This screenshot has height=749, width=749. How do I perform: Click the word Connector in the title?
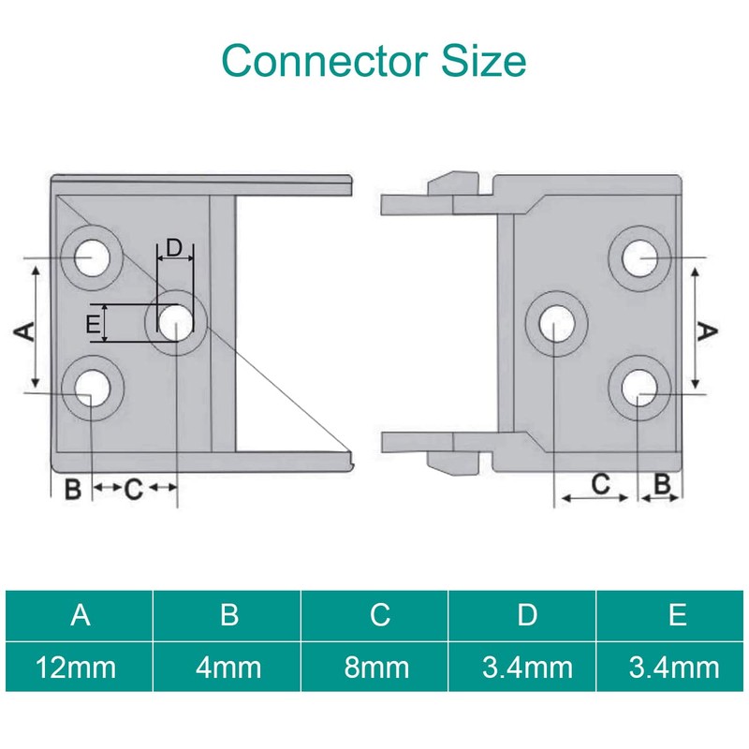(x=324, y=61)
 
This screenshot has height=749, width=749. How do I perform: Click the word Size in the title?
(x=483, y=61)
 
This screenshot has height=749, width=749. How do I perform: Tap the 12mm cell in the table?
(x=77, y=667)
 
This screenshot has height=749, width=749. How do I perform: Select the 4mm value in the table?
(x=228, y=667)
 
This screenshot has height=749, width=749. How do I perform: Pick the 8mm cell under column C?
(x=376, y=667)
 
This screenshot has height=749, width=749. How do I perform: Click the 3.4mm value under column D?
(x=527, y=667)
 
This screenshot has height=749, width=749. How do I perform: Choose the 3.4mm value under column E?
(x=674, y=667)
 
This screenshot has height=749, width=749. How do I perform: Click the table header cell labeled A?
(x=81, y=614)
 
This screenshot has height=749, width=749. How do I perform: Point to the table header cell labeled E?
(x=678, y=614)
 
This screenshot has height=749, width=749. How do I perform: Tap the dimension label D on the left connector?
(x=174, y=248)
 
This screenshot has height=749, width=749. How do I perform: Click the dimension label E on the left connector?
(x=93, y=324)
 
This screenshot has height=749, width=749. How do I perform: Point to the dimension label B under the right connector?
(x=663, y=484)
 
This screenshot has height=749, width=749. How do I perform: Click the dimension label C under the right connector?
(x=600, y=484)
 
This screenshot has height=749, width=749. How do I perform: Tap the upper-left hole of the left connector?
(x=92, y=258)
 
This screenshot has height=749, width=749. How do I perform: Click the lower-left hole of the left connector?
(x=92, y=389)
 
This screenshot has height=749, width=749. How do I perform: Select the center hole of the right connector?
(x=556, y=323)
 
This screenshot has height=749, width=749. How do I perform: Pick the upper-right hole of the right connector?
(x=639, y=258)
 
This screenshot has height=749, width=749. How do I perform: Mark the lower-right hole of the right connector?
(x=639, y=389)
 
